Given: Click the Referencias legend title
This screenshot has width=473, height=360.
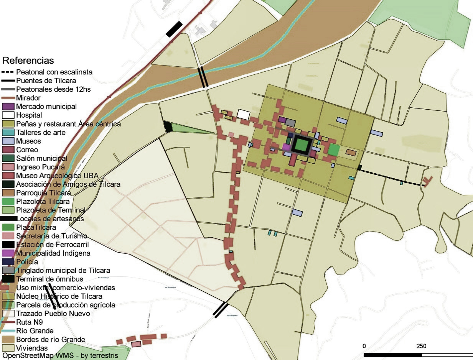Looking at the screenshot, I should [28, 61].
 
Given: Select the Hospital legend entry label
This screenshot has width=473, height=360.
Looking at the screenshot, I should [29, 115].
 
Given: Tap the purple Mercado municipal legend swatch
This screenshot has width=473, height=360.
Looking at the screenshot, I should [8, 106].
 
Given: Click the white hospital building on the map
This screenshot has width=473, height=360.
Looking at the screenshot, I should [243, 114].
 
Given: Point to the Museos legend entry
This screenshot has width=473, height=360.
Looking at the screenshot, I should [28, 141].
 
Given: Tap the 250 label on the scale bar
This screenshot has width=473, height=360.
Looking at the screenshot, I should [421, 346].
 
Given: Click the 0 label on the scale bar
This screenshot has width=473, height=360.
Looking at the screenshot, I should [364, 346].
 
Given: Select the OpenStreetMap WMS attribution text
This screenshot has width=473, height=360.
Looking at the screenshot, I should [63, 356].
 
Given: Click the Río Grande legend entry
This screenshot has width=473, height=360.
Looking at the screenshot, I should [35, 330].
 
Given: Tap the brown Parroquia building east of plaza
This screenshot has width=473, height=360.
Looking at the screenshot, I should [351, 152].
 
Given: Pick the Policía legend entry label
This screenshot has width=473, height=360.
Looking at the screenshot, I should [27, 262].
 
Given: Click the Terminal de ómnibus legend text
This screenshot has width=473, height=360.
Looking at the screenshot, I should [49, 279].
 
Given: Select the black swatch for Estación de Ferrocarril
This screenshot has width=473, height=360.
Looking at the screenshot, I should [8, 245].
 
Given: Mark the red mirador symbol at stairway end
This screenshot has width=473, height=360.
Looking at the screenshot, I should [427, 181].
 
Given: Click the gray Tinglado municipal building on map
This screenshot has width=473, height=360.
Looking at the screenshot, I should [290, 123].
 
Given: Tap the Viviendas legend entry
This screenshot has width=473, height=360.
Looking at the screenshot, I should [32, 348].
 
